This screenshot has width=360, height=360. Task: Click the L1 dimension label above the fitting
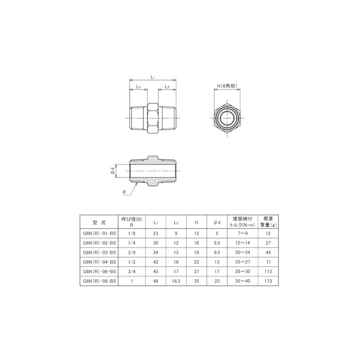tap(153, 77)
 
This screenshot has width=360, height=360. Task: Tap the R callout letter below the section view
tap(124, 192)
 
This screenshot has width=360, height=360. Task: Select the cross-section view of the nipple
tap(153, 171)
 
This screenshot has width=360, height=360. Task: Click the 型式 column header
tap(98, 222)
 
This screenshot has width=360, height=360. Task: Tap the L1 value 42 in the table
tap(155, 261)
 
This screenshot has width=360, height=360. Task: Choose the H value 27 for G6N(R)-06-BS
tap(197, 271)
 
